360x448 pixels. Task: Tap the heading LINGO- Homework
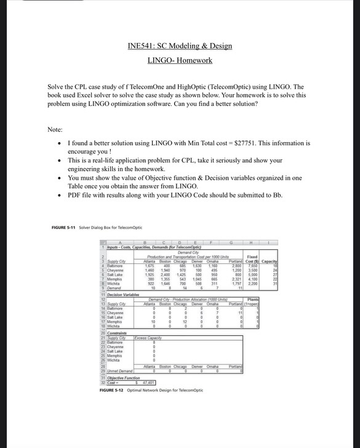point(180,60)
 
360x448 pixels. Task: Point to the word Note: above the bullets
point(56,129)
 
